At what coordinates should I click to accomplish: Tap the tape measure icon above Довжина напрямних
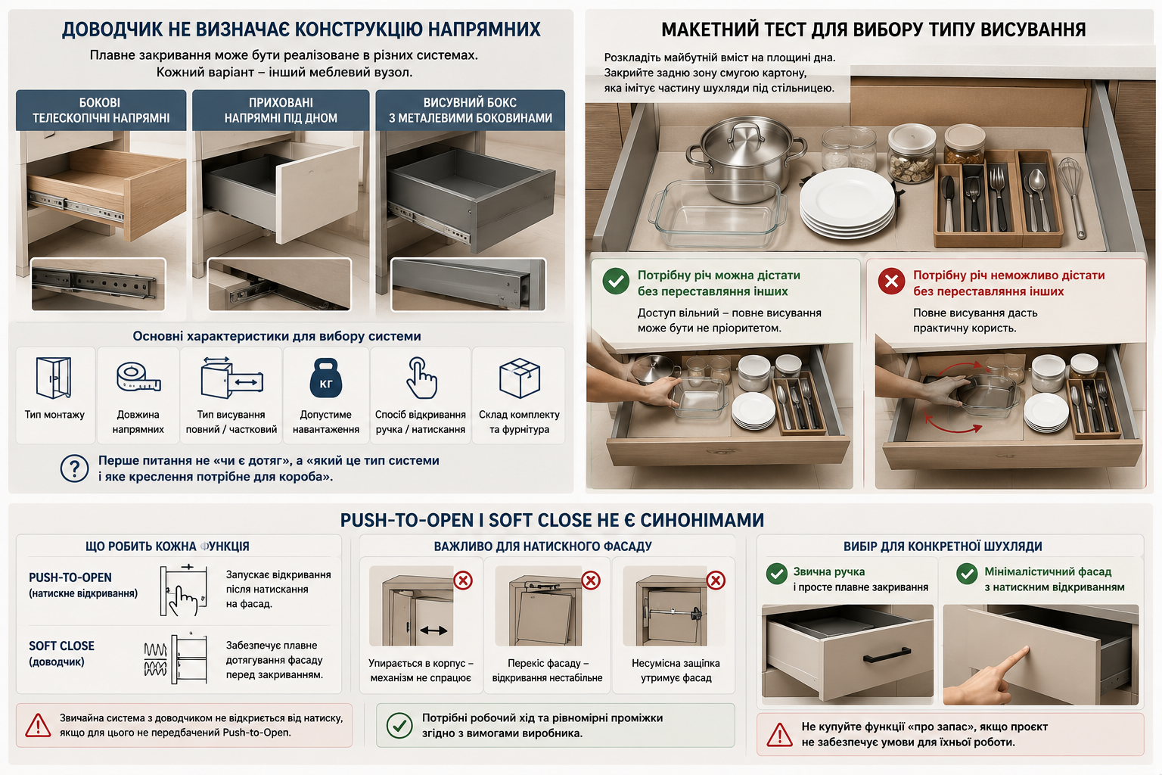click(x=138, y=377)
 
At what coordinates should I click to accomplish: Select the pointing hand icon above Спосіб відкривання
click(x=421, y=378)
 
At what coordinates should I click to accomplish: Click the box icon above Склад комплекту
click(x=519, y=378)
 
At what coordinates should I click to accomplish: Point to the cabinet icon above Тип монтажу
click(x=54, y=378)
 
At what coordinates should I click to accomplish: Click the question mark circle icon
click(x=74, y=468)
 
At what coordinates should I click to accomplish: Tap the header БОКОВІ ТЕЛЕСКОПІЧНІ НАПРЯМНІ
click(x=101, y=110)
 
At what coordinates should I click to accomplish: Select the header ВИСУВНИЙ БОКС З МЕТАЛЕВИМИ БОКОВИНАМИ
click(x=470, y=110)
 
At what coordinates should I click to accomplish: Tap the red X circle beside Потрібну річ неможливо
click(x=891, y=281)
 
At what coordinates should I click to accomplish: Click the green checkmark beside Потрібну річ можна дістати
click(x=616, y=281)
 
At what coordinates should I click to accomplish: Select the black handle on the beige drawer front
click(x=887, y=655)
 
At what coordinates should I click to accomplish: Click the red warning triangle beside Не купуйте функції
click(x=779, y=735)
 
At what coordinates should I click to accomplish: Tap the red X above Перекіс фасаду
click(x=590, y=580)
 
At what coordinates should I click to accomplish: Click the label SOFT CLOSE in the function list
click(x=62, y=646)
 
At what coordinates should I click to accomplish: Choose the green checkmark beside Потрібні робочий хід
click(x=399, y=725)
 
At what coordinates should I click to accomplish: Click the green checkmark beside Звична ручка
click(x=777, y=574)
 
